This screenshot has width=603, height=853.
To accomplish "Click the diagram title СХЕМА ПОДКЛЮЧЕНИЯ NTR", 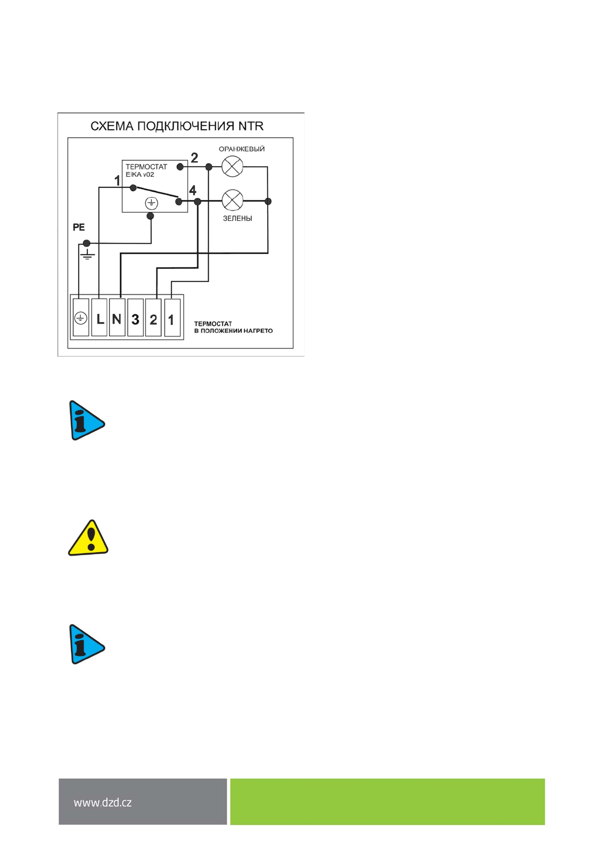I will (177, 126).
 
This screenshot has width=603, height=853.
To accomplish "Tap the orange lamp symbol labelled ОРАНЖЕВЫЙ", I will (232, 166).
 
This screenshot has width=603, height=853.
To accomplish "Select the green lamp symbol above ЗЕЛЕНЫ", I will (232, 201).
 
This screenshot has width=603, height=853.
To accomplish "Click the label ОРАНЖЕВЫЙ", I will (242, 149).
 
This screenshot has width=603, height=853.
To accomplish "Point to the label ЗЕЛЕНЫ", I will (237, 218).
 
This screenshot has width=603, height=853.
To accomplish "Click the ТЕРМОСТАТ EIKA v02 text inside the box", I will (146, 170).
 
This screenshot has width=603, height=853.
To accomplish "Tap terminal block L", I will (99, 319).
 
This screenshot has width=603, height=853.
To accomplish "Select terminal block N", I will (117, 319).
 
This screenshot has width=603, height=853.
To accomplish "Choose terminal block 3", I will (135, 319).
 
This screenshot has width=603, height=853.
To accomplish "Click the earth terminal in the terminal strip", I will (81, 318).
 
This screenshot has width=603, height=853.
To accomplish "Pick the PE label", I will (78, 227).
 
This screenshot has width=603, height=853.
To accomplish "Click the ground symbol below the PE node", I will (88, 254).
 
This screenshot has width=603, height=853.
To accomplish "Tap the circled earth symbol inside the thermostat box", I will (151, 203).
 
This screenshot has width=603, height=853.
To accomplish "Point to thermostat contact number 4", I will (192, 190).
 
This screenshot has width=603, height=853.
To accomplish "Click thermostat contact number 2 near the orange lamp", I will (194, 158).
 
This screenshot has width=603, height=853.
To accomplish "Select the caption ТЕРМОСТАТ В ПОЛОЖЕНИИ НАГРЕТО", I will (233, 327).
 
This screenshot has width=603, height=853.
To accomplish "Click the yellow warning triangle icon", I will (88, 538).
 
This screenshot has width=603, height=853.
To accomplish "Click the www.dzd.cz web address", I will (103, 802).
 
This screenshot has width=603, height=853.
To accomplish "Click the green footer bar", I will (387, 801).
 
